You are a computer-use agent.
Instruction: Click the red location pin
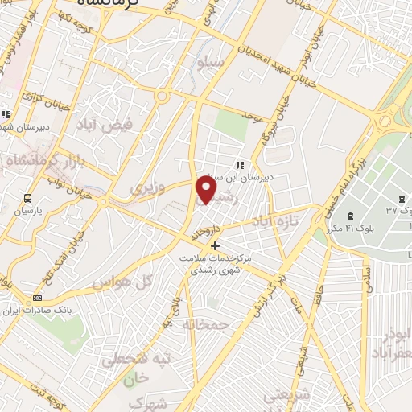(x=207, y=191)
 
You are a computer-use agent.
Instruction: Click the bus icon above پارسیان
(x=28, y=198)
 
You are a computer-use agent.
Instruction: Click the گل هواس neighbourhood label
(x=112, y=282)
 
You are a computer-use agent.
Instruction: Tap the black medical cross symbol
(x=214, y=245)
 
